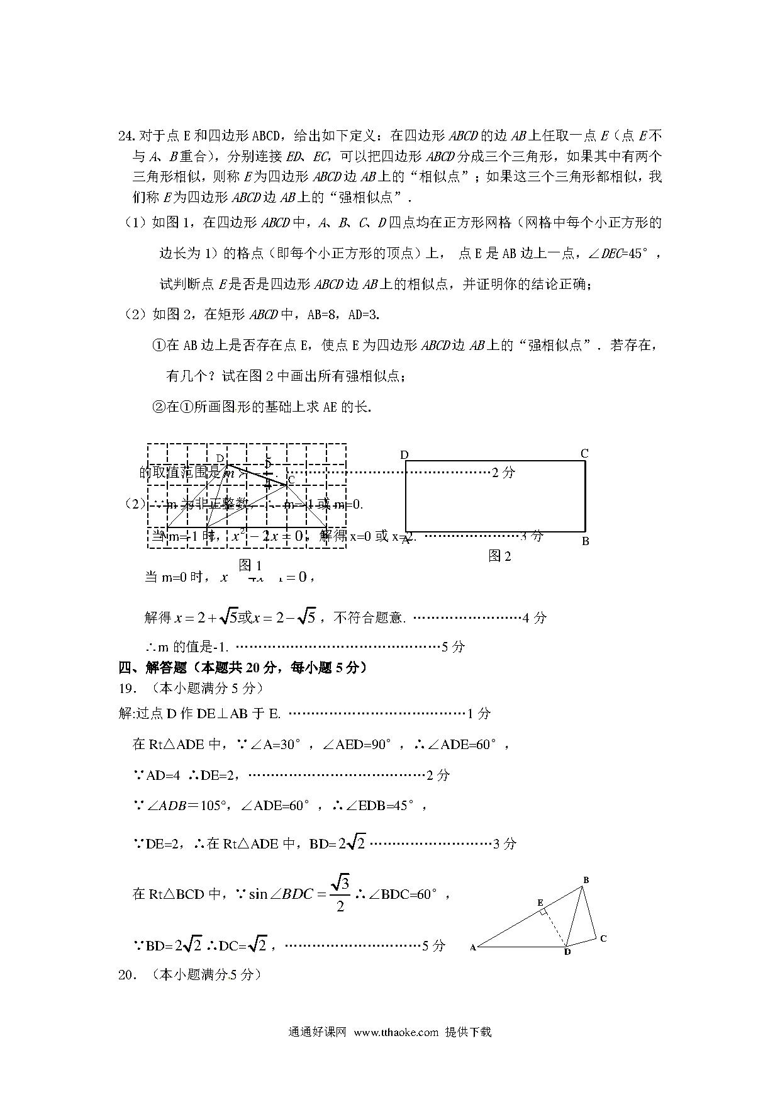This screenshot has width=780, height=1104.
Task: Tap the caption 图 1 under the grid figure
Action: point(250,565)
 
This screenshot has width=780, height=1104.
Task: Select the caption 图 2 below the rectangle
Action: point(500,556)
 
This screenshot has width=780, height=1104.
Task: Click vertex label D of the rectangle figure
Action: point(404,455)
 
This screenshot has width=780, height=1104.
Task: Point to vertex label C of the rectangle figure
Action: point(584,453)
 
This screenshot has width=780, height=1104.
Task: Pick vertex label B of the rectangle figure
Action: point(585,541)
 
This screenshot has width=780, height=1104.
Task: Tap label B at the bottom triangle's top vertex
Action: point(586,880)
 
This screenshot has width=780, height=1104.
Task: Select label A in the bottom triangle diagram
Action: point(472,947)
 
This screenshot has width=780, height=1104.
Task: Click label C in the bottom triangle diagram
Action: point(603,938)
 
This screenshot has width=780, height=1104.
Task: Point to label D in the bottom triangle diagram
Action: point(567,952)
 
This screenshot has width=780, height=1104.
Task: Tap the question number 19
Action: point(126,689)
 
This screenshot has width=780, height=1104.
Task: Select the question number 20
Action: point(126,975)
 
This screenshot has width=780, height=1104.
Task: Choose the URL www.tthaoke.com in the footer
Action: point(396,1032)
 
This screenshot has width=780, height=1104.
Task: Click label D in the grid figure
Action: point(220,458)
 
